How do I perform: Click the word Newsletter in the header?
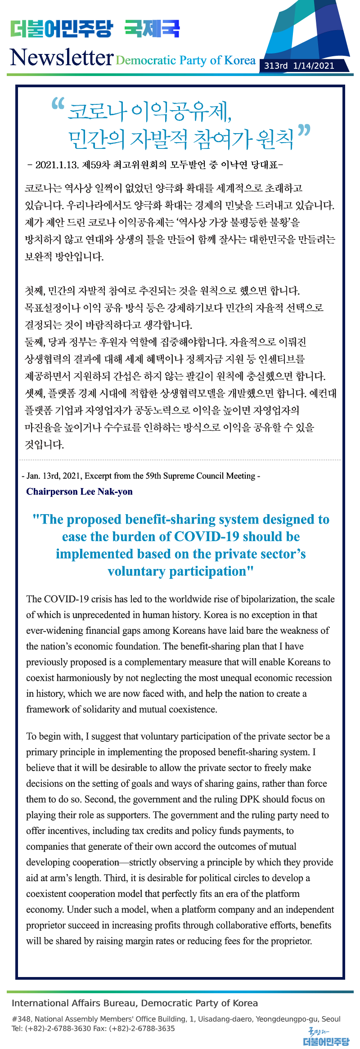61,58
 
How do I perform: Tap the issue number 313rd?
275,66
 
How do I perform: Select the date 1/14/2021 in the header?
314,66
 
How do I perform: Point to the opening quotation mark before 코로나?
58,104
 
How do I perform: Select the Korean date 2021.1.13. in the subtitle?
58,165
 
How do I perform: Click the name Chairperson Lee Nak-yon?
79,491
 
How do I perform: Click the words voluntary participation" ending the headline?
180,571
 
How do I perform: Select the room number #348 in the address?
21,1019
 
